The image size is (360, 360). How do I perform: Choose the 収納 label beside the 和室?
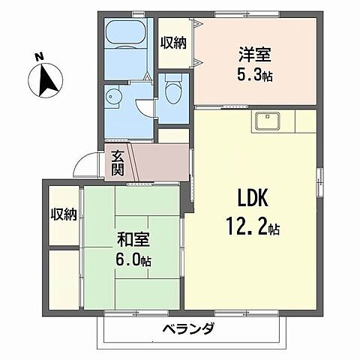[x=63, y=215]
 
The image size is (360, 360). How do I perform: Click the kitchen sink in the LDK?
[x=267, y=121]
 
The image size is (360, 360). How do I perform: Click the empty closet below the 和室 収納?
[x=63, y=277]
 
